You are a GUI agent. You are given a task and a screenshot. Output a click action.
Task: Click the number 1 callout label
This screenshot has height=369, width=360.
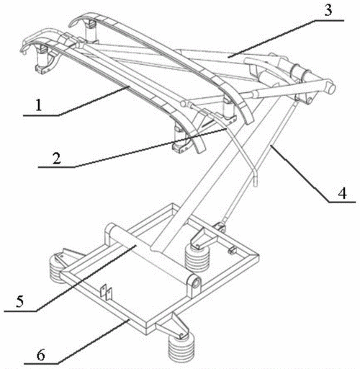click(x=39, y=105)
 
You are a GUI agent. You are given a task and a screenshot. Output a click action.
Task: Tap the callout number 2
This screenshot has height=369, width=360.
click(x=57, y=159)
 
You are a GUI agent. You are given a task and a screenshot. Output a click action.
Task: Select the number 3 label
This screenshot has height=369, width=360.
click(x=328, y=10)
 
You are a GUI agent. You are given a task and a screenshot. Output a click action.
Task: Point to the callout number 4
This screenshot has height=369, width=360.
click(x=343, y=193)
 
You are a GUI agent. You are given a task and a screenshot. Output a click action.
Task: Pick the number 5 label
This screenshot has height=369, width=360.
click(x=20, y=301)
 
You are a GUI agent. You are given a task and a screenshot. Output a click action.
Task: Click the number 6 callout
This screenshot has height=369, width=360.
click(x=40, y=355)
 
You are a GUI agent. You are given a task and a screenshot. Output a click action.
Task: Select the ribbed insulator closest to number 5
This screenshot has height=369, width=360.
click(x=56, y=267)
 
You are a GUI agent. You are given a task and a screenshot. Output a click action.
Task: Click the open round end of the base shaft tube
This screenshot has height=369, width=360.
click(x=196, y=283)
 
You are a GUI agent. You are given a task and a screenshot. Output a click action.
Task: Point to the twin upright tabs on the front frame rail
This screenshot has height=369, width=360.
click(x=106, y=292)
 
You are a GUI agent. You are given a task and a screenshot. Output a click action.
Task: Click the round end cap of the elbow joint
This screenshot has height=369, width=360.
click(x=332, y=89)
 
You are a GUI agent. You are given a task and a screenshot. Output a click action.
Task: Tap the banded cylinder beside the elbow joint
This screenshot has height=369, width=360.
click(x=300, y=71)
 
